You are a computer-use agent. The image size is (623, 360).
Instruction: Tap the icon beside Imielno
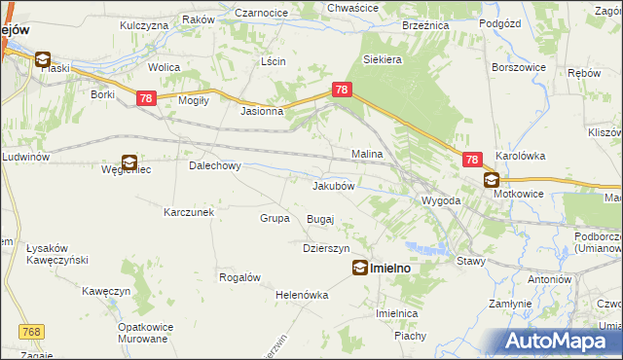(360, 268)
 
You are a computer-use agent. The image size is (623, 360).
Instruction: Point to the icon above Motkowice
(492, 180)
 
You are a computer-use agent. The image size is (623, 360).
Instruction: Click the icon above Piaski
(43, 59)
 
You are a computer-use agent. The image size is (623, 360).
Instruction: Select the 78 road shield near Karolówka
(472, 160)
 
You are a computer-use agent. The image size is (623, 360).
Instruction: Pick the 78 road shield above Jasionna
(342, 90)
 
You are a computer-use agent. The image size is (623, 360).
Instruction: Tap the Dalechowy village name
(214, 165)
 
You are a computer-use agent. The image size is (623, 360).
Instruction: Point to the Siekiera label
(383, 59)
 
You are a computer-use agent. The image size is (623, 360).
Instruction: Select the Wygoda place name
(440, 200)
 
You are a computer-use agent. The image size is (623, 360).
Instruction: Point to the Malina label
(367, 154)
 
